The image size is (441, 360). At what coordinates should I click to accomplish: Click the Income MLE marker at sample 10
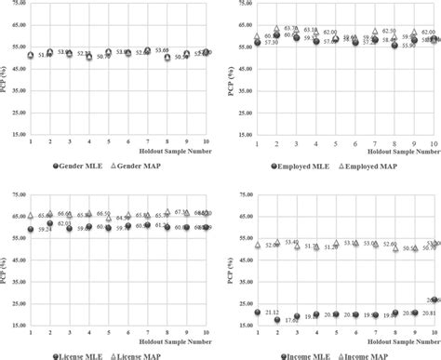pyautogui.click(x=434, y=300)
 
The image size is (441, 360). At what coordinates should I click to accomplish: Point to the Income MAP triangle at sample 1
pyautogui.click(x=258, y=245)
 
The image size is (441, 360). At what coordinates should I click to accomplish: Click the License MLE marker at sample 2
pyautogui.click(x=50, y=223)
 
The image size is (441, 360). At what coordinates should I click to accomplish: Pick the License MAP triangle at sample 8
pyautogui.click(x=167, y=212)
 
